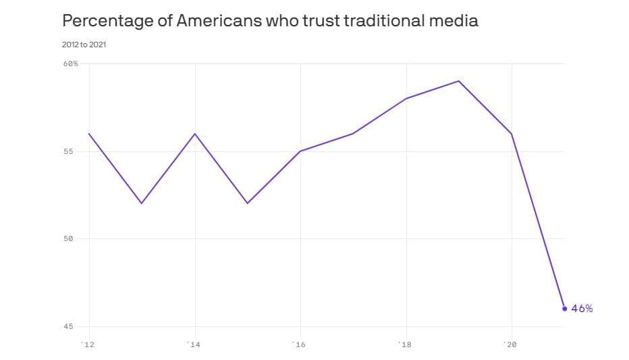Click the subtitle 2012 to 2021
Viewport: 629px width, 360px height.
point(84,45)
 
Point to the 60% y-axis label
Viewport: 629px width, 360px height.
point(70,63)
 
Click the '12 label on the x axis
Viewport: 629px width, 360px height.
point(88,345)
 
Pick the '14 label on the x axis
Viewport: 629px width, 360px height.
point(194,345)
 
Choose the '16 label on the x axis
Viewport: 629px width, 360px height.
point(299,345)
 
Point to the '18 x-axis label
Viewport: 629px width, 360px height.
point(405,345)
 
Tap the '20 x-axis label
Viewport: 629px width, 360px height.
point(510,345)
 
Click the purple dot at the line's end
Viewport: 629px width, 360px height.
point(565,309)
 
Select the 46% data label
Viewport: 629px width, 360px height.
point(582,309)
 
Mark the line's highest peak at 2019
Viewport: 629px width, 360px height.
point(459,81)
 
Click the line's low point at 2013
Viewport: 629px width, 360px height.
point(142,203)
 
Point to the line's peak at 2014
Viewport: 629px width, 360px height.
point(195,133)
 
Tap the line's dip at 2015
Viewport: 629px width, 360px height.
point(248,203)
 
